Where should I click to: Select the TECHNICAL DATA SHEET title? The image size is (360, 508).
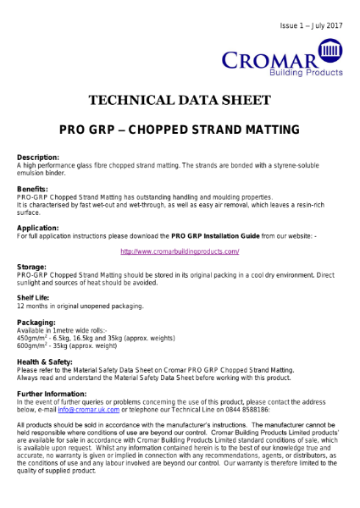[180, 101]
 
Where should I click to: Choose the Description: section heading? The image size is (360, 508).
[38, 157]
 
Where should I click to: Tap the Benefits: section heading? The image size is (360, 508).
[32, 189]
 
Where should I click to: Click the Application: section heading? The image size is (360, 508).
[38, 228]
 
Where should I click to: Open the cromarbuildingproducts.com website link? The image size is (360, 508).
[180, 251]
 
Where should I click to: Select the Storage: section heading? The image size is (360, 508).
[31, 267]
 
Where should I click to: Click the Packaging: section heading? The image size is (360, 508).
[36, 323]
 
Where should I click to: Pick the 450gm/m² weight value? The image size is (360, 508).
[32, 338]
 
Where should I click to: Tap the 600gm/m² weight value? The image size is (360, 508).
[32, 345]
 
